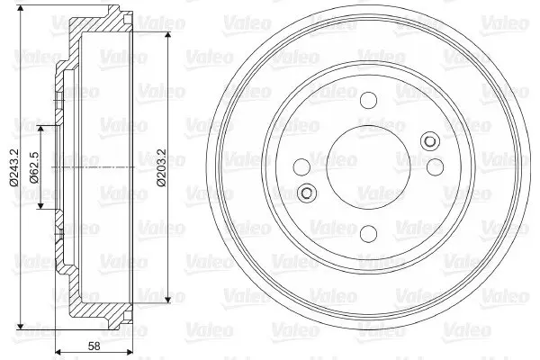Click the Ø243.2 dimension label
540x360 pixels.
click(14, 167)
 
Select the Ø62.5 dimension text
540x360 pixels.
click(34, 167)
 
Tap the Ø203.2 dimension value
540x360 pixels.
click(161, 167)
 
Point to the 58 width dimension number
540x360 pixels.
click(94, 346)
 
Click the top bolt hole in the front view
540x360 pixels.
click(368, 100)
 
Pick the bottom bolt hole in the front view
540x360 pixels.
click(368, 234)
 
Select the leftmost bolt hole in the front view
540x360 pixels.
click(301, 167)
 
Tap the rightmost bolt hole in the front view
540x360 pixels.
click(435, 167)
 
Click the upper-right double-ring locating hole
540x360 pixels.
click(430, 141)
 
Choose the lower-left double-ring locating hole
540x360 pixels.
click(306, 193)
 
